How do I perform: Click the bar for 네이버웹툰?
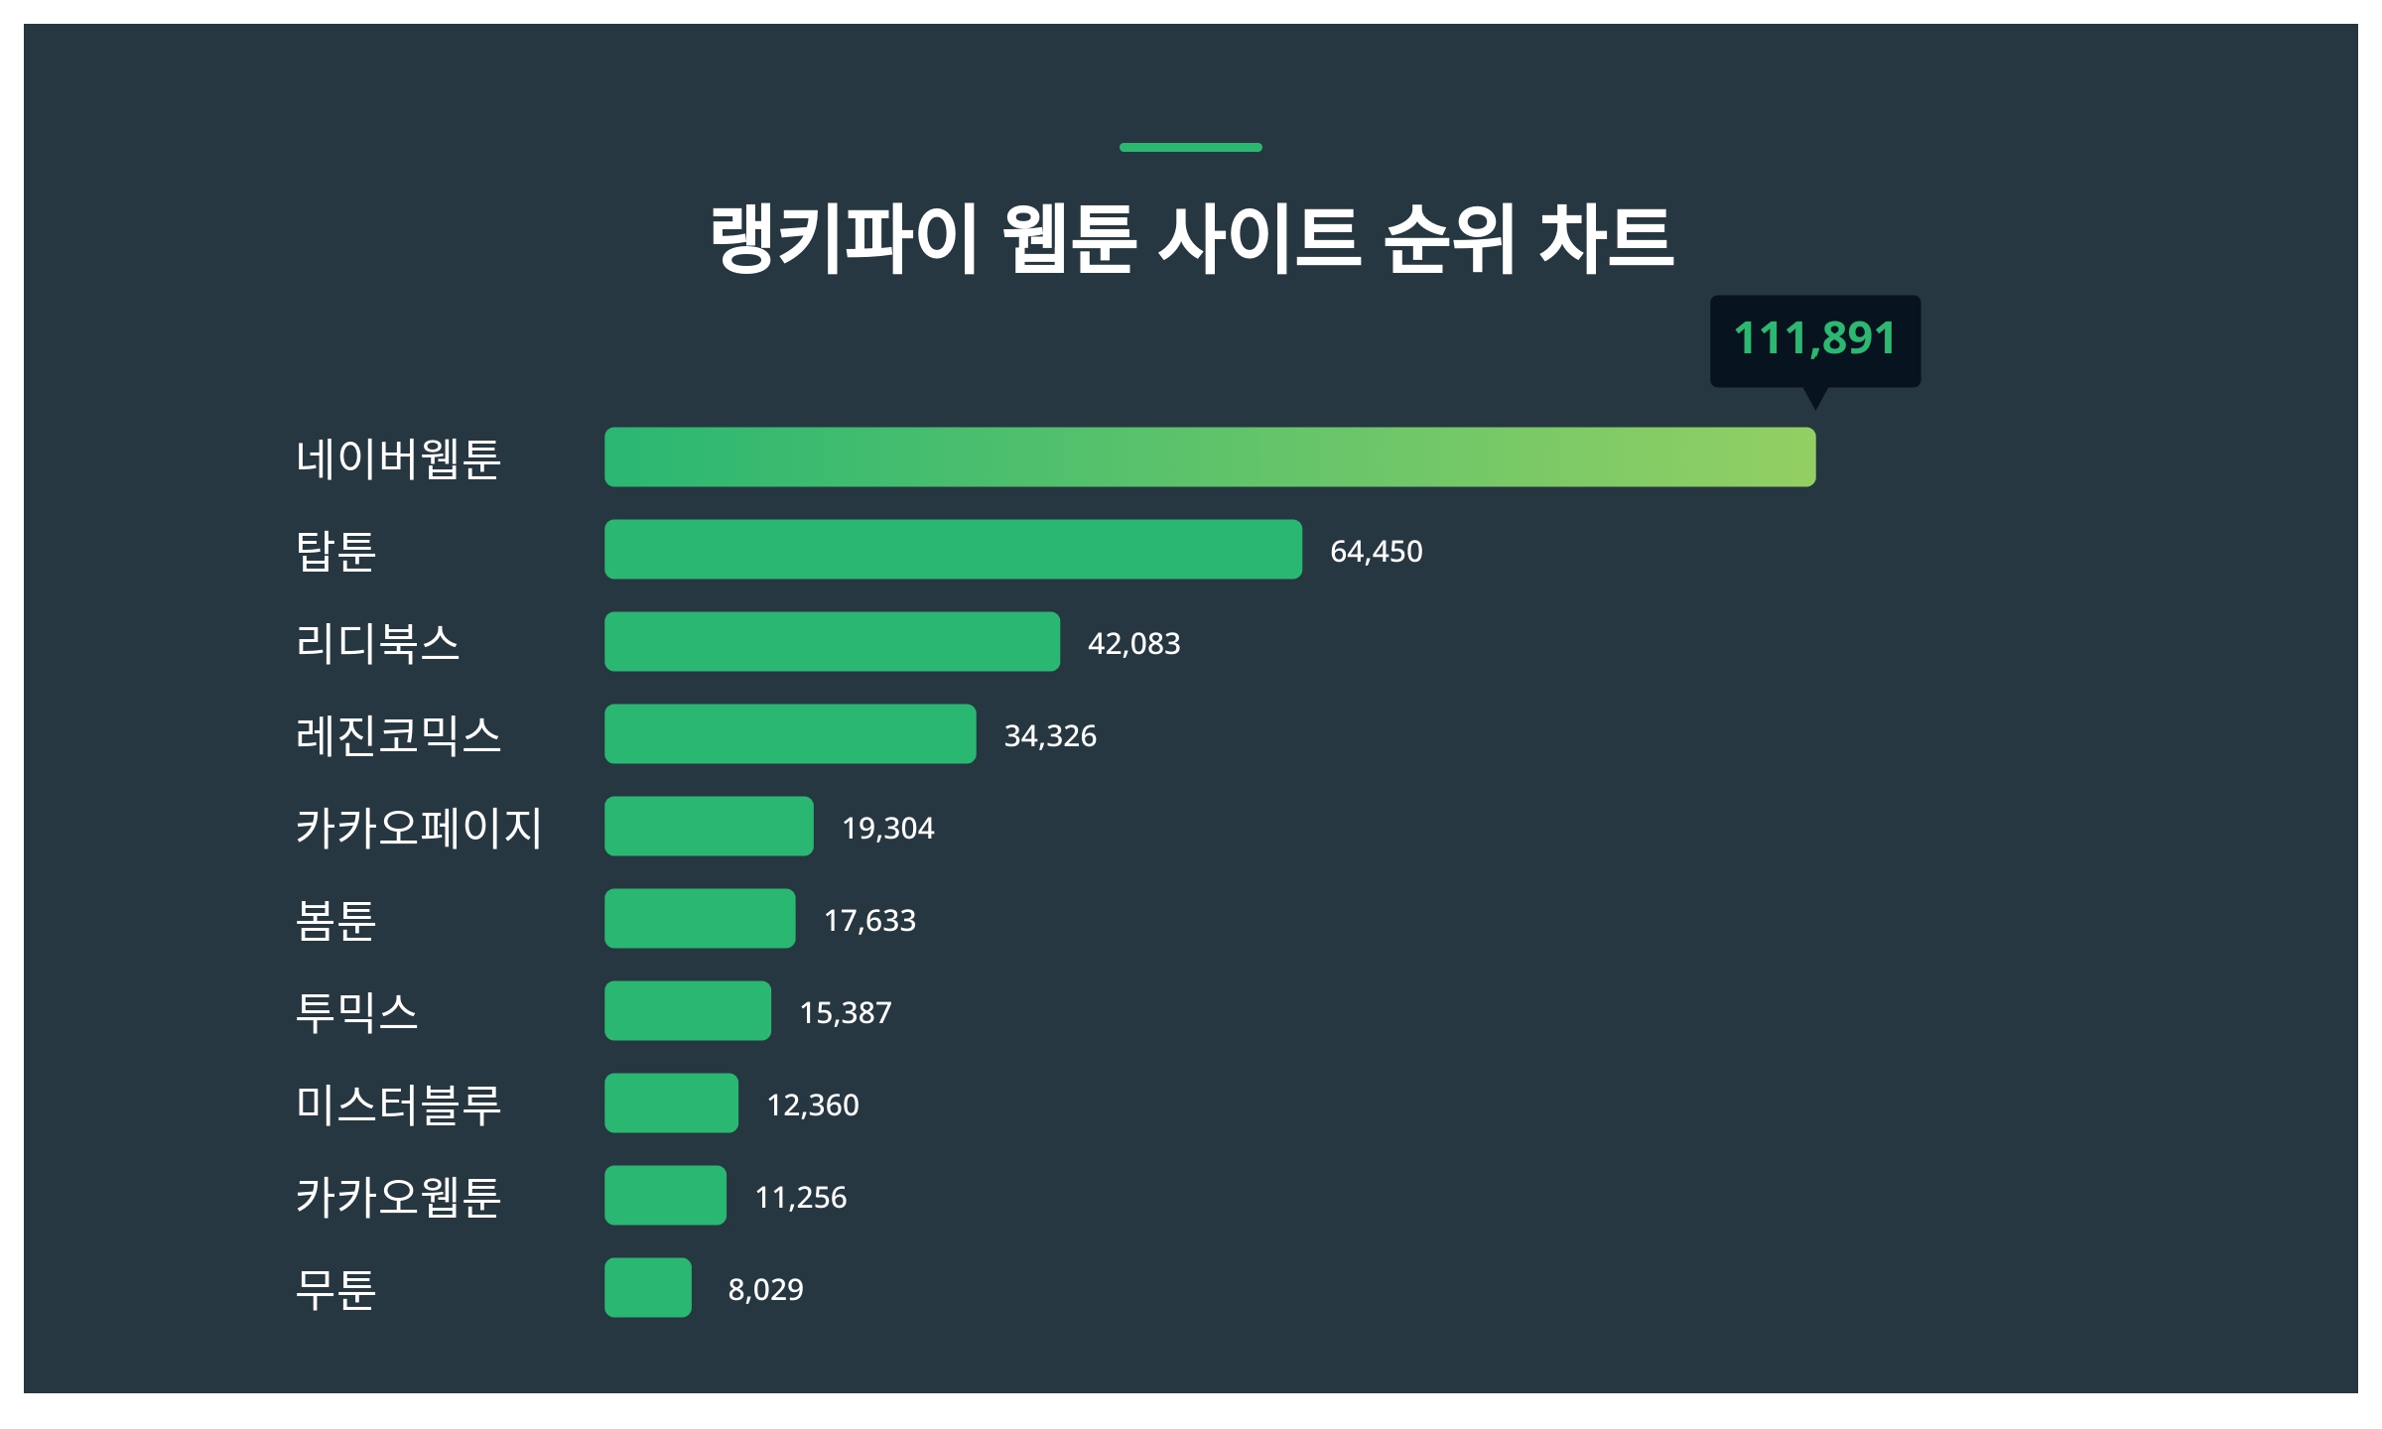[x=1209, y=457]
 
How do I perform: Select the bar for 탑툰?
[x=953, y=550]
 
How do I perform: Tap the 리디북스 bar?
[x=832, y=642]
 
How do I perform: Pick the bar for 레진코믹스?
[x=790, y=734]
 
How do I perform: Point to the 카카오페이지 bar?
[x=709, y=827]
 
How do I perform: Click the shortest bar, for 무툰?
[x=648, y=1288]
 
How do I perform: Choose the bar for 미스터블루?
[x=671, y=1104]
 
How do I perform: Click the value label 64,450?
[x=1376, y=552]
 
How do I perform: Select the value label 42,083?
[x=1133, y=644]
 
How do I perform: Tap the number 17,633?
[x=869, y=921]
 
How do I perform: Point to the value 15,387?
[x=846, y=1013]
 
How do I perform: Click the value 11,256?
[x=800, y=1198]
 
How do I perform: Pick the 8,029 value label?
[x=765, y=1290]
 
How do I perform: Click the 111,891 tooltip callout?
[x=1814, y=339]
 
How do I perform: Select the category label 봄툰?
[x=335, y=920]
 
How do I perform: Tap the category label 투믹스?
[x=356, y=1012]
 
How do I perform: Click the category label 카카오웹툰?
[x=398, y=1197]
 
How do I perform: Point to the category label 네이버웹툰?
[x=398, y=458]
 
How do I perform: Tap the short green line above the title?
[x=1190, y=148]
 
